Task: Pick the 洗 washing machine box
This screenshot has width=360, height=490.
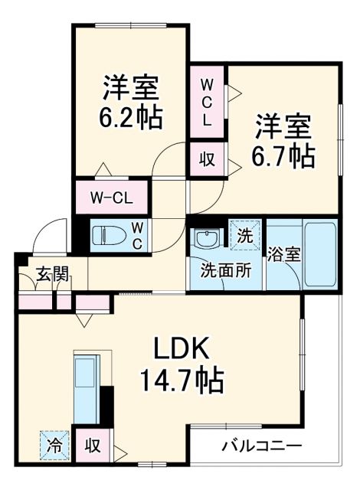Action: point(244,236)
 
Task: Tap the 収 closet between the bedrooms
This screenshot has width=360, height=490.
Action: point(207,160)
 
